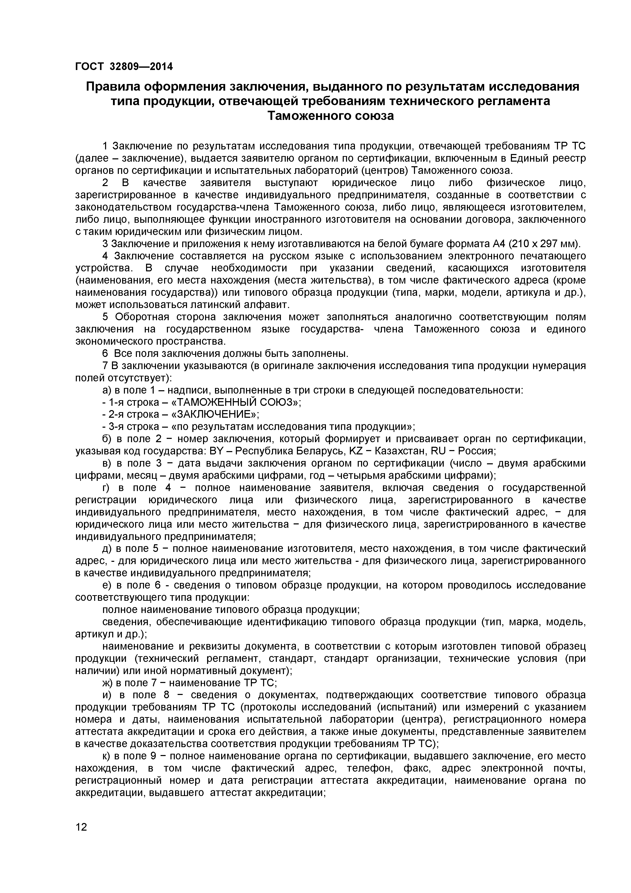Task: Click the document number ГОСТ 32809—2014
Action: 124,66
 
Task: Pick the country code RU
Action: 439,451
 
